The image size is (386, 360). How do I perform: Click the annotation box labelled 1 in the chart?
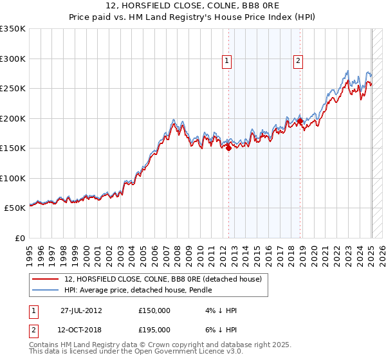228,62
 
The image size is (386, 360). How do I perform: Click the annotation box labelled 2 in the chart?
299,62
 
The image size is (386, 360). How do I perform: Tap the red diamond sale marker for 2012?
228,148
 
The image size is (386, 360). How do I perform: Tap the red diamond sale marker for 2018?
300,121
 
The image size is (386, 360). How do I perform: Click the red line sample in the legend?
47,279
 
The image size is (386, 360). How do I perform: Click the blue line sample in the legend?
47,291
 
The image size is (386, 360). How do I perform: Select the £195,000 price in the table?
154,329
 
